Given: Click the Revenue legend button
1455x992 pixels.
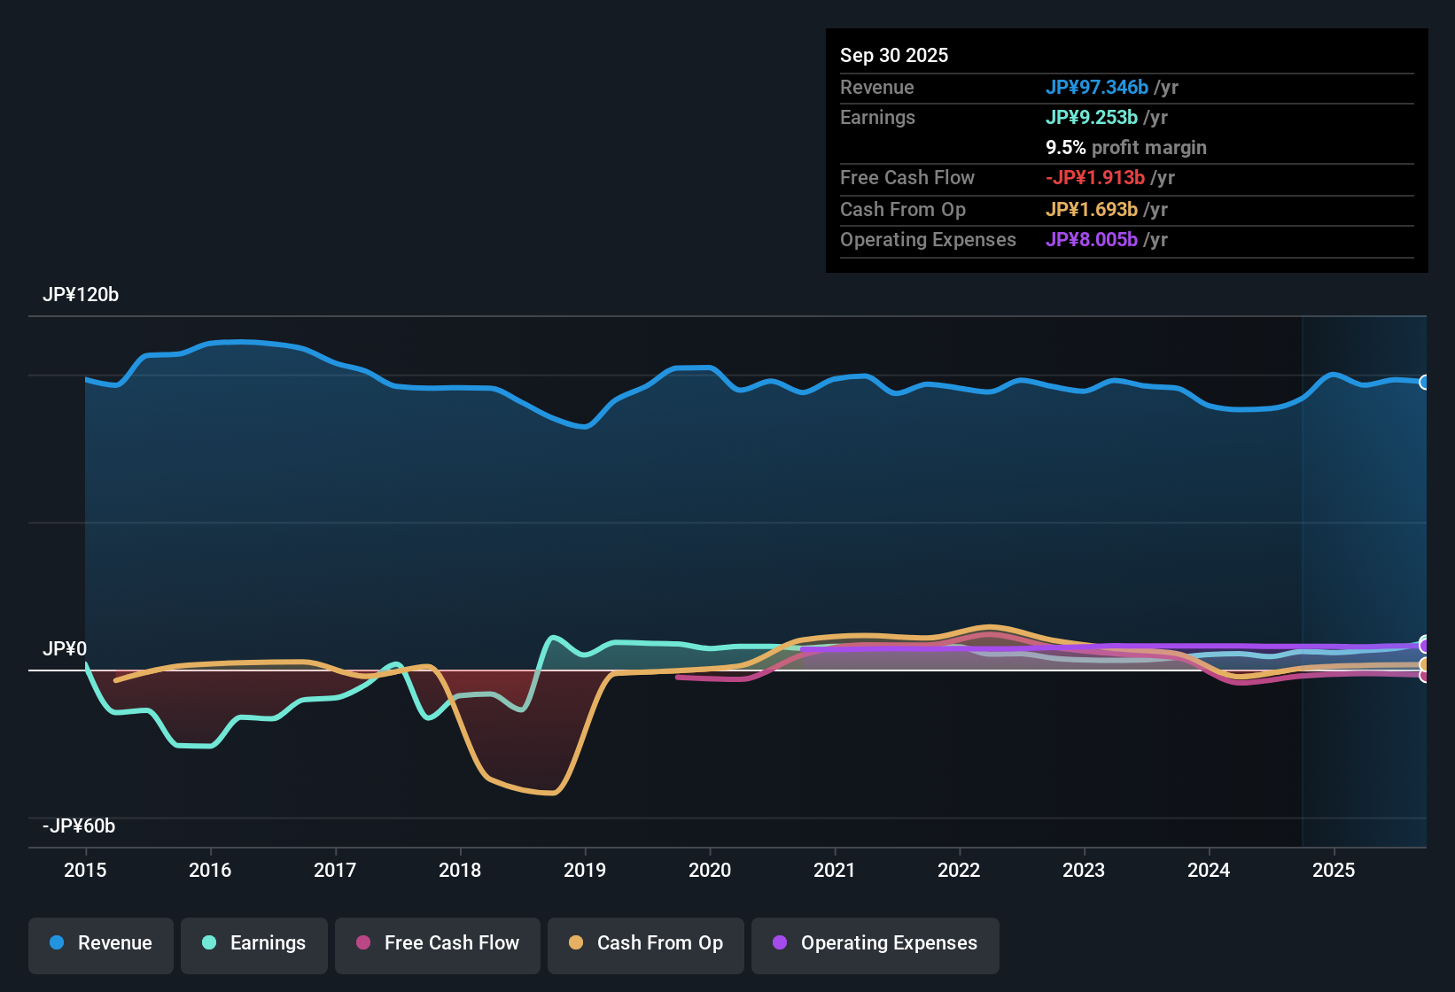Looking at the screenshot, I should pyautogui.click(x=101, y=943).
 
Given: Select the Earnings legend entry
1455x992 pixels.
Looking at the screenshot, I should pyautogui.click(x=254, y=943).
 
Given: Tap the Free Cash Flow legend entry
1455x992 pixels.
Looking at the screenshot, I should pyautogui.click(x=438, y=943).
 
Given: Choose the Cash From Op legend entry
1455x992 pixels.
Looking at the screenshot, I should pyautogui.click(x=646, y=943).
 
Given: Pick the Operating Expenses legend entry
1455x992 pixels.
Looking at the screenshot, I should pyautogui.click(x=875, y=943).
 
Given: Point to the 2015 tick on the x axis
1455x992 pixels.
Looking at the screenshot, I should pyautogui.click(x=85, y=870).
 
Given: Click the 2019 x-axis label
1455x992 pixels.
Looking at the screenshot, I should pyautogui.click(x=585, y=870).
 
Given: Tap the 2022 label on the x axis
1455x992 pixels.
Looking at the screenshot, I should pyautogui.click(x=959, y=870).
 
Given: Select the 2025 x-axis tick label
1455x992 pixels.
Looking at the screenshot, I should pyautogui.click(x=1334, y=870).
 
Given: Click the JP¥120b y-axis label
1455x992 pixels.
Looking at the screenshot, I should pyautogui.click(x=81, y=295).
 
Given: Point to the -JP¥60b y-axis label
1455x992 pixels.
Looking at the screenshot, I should pyautogui.click(x=79, y=826).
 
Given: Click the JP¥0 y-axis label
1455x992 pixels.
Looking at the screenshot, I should pyautogui.click(x=65, y=649).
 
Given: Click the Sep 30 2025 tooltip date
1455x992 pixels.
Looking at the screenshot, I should pyautogui.click(x=894, y=55).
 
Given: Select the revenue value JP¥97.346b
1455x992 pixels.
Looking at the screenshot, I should pyautogui.click(x=1097, y=87).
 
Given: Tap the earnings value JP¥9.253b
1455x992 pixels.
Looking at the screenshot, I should pyautogui.click(x=1092, y=117).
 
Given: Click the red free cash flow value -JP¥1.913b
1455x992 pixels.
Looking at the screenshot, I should pyautogui.click(x=1095, y=177).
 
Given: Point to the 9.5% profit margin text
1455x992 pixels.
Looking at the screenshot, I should pyautogui.click(x=1126, y=147).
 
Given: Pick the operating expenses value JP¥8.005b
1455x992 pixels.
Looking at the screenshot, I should pyautogui.click(x=1092, y=239).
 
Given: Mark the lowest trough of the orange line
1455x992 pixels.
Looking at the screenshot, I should pyautogui.click(x=551, y=793).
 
